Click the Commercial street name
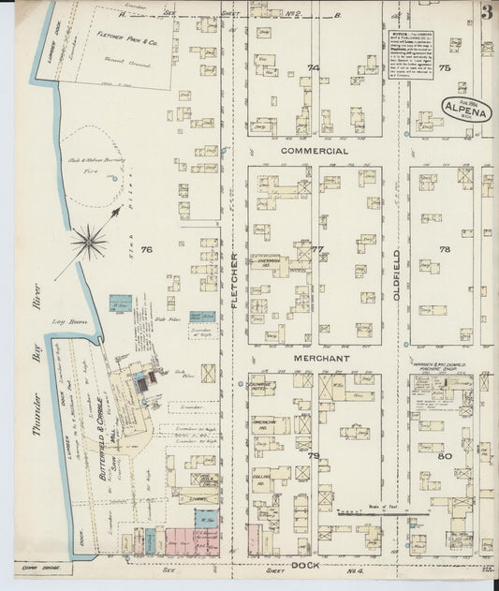[x=314, y=151]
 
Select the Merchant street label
[x=318, y=359]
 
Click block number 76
[x=145, y=249]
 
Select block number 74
[x=313, y=67]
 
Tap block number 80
[x=444, y=456]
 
